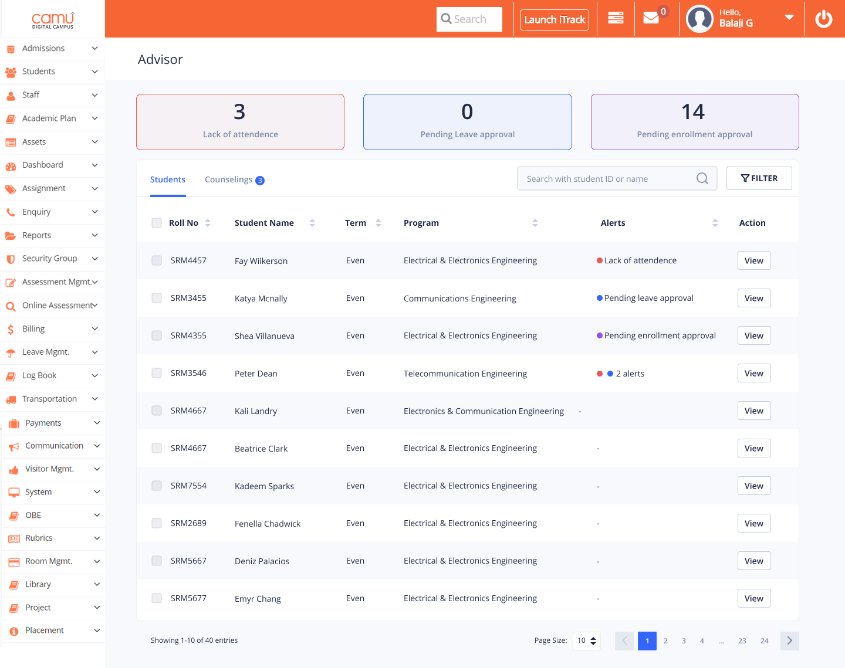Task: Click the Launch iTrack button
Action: click(555, 19)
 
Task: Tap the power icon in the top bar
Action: click(824, 19)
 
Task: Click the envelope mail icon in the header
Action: click(651, 18)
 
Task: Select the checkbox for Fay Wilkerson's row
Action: click(157, 260)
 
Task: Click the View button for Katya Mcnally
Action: click(753, 298)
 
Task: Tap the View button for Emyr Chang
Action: click(753, 598)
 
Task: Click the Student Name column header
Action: click(264, 223)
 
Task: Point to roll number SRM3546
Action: click(188, 373)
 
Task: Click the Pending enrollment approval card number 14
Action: click(693, 112)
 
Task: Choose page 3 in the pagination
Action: click(684, 641)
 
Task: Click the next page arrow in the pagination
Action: click(789, 641)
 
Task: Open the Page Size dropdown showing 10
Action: click(586, 640)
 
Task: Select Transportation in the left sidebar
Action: click(49, 399)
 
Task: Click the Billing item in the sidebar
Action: click(33, 329)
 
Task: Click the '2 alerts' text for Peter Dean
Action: click(630, 374)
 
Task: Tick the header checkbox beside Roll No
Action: click(157, 223)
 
